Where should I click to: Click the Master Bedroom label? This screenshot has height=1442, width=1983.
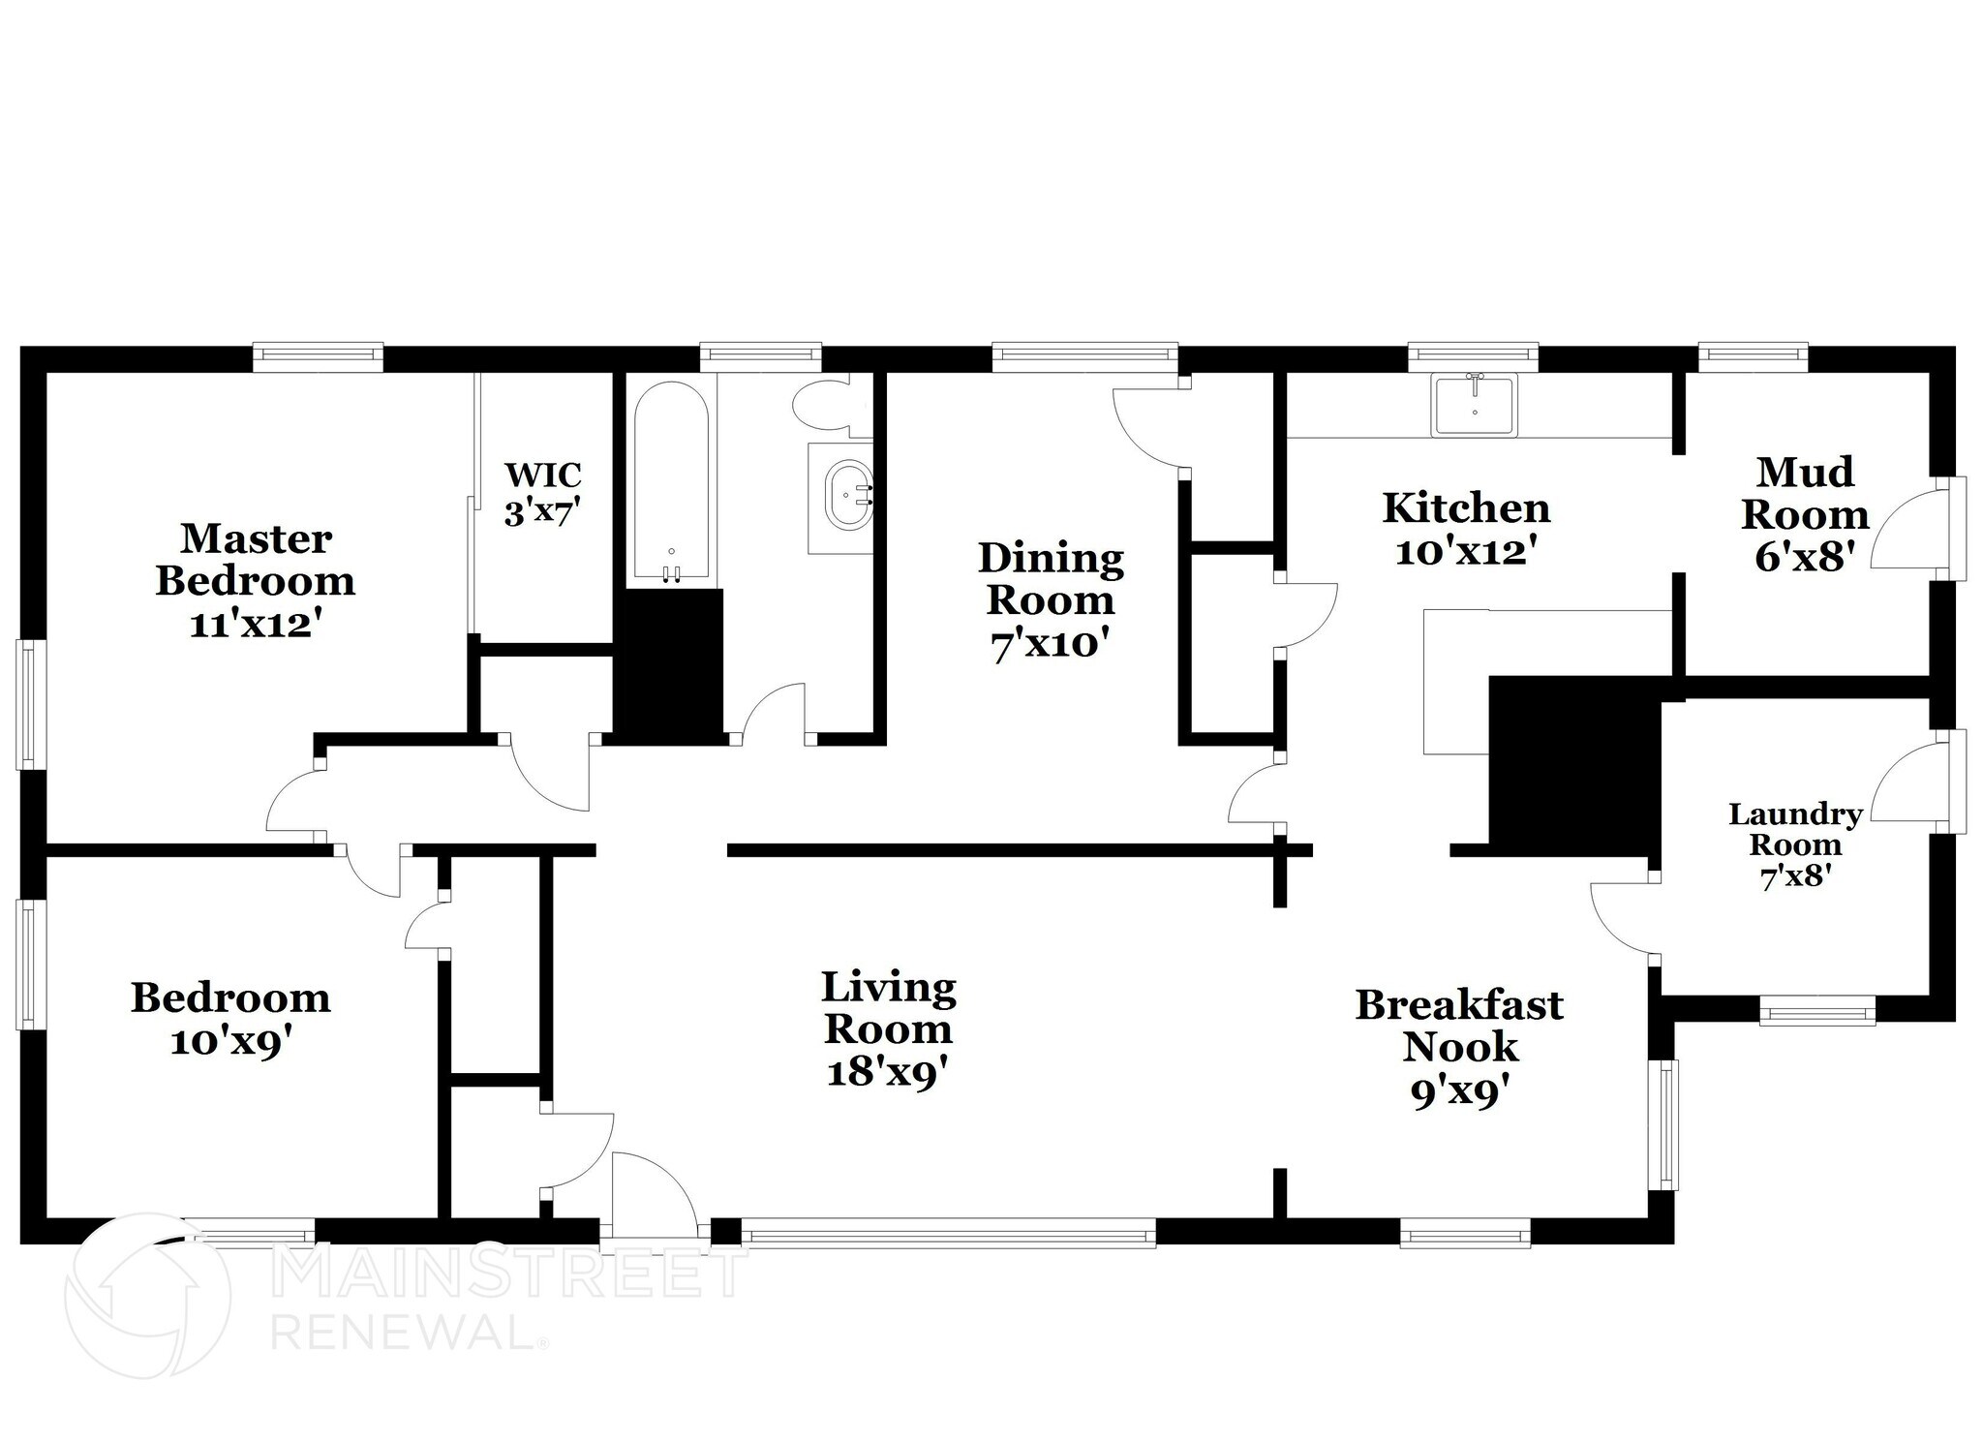256,580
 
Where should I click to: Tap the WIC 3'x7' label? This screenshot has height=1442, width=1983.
542,494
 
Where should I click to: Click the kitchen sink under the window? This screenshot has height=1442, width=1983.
1475,406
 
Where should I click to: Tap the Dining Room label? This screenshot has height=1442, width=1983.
1051,600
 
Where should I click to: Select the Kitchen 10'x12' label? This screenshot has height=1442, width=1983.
1466,529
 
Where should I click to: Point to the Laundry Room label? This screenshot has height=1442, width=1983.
1795,844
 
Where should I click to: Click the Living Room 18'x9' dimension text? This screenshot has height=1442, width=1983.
886,1072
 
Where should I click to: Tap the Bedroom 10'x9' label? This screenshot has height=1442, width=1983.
230,1019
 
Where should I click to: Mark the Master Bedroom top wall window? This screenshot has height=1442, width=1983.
319,357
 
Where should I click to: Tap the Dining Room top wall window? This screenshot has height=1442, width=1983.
1084,357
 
